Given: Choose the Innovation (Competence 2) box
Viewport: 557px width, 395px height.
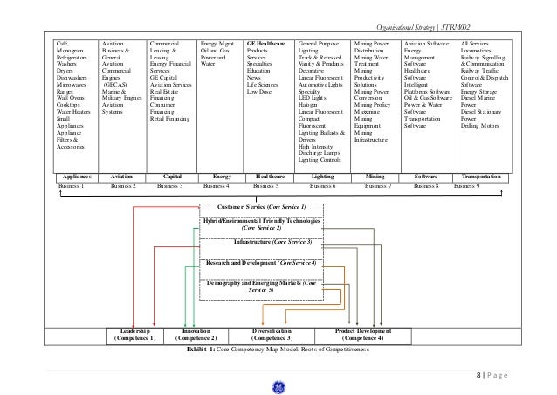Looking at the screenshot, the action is (x=189, y=335).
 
